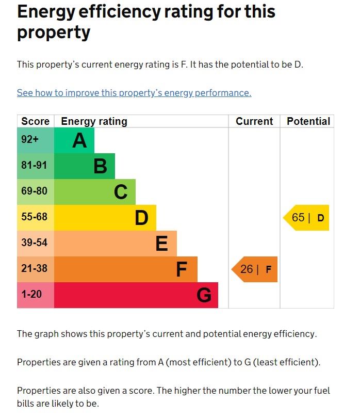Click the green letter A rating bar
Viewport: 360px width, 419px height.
tap(74, 140)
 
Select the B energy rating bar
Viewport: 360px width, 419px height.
tap(85, 166)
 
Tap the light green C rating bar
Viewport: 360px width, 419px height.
tap(95, 192)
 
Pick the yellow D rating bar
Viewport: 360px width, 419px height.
tap(105, 218)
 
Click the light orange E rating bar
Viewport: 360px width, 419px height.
tap(116, 244)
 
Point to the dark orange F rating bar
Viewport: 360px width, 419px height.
tap(126, 269)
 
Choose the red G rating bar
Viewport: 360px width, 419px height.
tap(136, 295)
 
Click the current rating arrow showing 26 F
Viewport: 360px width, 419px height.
tap(255, 269)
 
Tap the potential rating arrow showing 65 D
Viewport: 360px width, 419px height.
tap(307, 218)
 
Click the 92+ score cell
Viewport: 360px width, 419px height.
tap(35, 140)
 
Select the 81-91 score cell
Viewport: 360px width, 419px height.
tap(35, 166)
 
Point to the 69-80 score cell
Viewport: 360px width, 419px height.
tap(35, 192)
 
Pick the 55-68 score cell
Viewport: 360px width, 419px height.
tap(35, 218)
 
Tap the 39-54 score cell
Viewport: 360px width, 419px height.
tap(35, 244)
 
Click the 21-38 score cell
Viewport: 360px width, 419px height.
tap(35, 269)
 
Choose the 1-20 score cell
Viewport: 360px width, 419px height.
tap(35, 295)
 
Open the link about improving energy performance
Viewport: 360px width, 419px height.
tap(134, 93)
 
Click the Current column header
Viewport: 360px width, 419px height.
tap(254, 121)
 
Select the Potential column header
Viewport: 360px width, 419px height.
tap(308, 121)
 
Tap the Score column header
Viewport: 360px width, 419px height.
tap(35, 121)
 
